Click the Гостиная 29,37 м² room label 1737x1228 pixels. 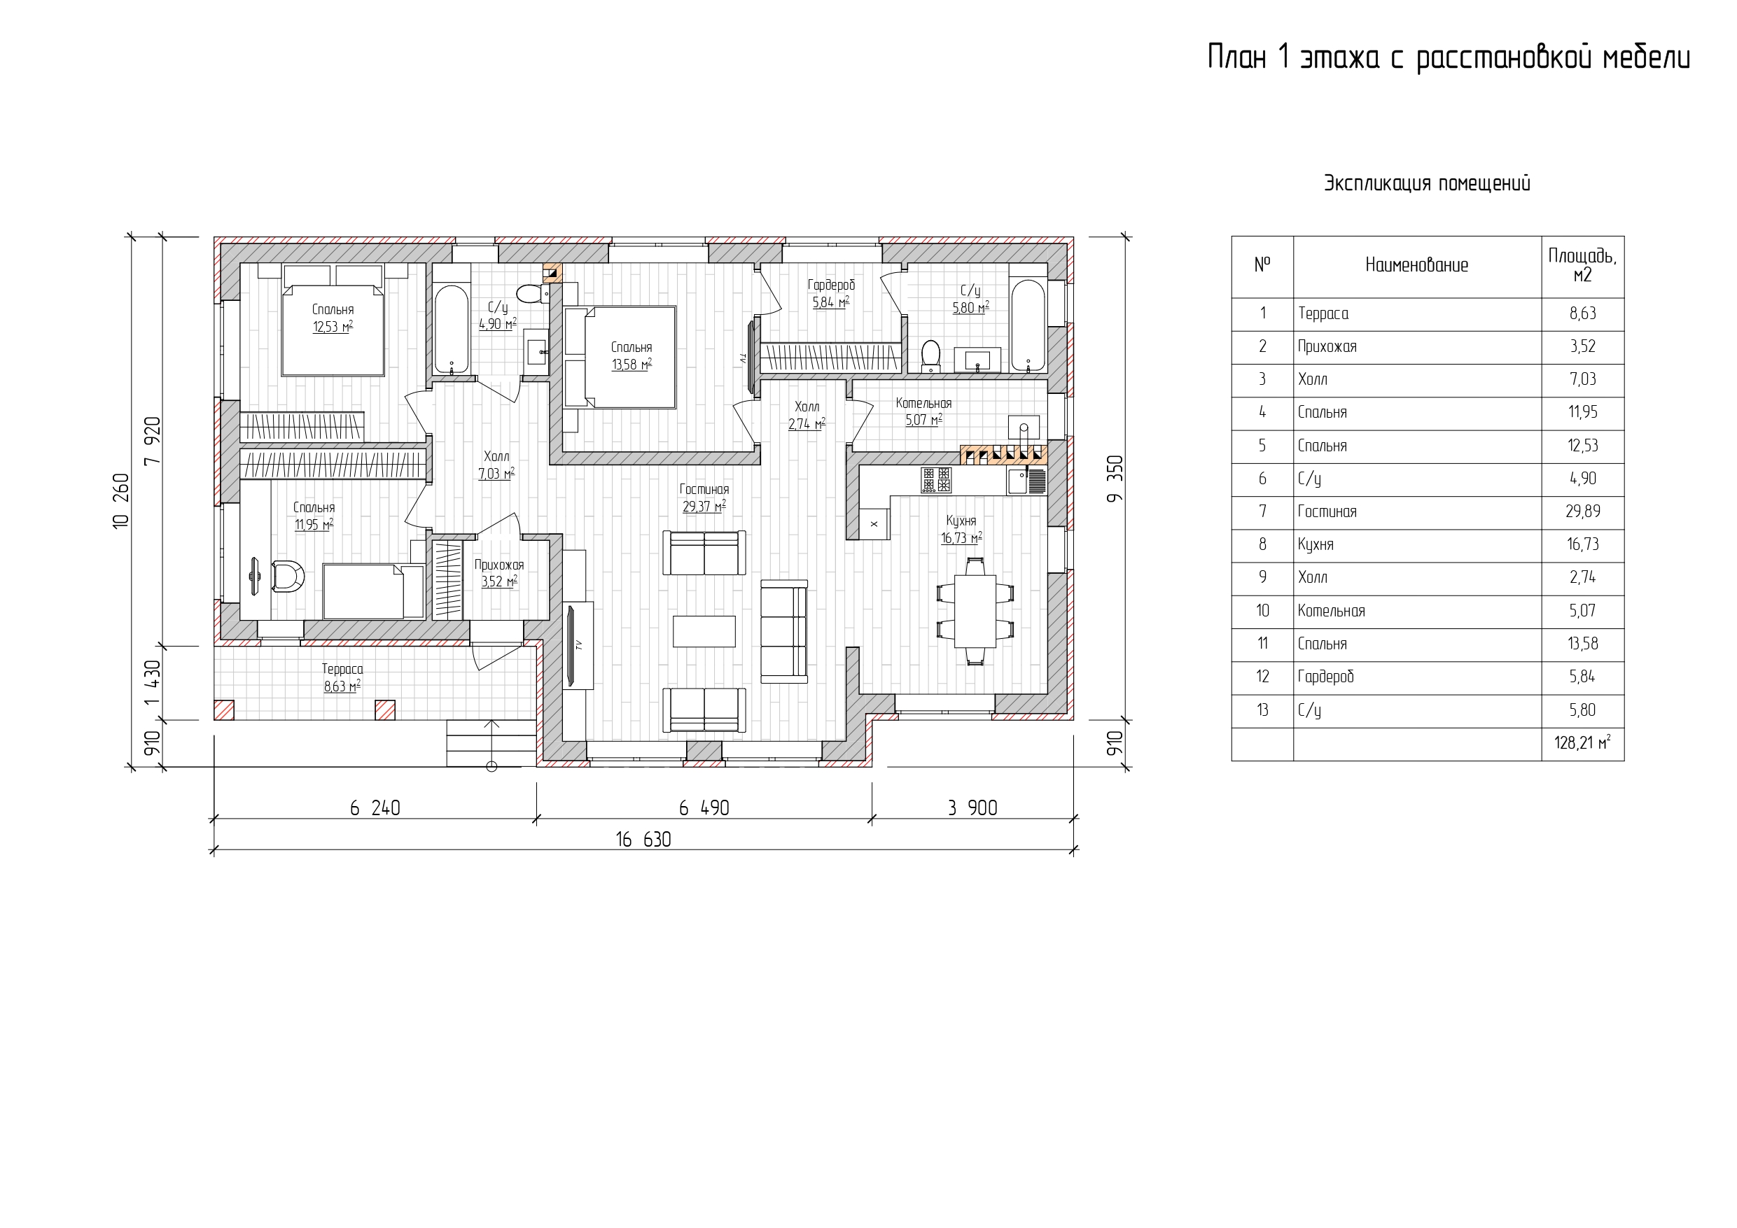pyautogui.click(x=704, y=498)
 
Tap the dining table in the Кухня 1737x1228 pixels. pyautogui.click(x=975, y=611)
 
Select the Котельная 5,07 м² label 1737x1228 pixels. pyautogui.click(x=923, y=412)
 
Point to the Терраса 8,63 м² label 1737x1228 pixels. pyautogui.click(x=342, y=677)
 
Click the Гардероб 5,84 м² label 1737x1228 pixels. pyautogui.click(x=830, y=293)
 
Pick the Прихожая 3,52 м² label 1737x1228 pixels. pyautogui.click(x=498, y=573)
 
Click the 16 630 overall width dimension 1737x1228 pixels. pyautogui.click(x=643, y=840)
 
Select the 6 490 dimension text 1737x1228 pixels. pyautogui.click(x=704, y=808)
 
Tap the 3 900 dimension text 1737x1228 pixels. pyautogui.click(x=972, y=808)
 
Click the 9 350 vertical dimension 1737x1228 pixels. pyautogui.click(x=1115, y=479)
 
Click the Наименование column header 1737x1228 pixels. pyautogui.click(x=1416, y=265)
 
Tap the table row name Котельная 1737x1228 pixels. pyautogui.click(x=1332, y=611)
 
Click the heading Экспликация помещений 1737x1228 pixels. pyautogui.click(x=1427, y=184)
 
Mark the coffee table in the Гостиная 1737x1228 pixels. pyautogui.click(x=704, y=631)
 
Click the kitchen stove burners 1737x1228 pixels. pyautogui.click(x=936, y=480)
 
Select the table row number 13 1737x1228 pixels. pyautogui.click(x=1262, y=710)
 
